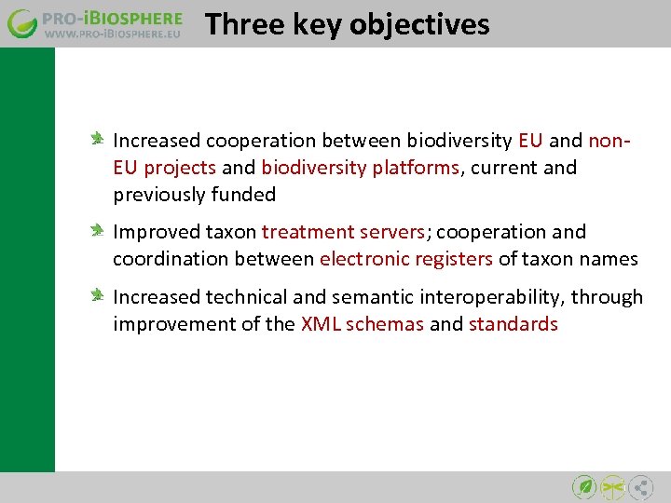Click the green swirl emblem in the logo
pos(23,23)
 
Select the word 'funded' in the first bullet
pos(244,195)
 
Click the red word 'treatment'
pos(308,232)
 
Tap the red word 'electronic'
pos(363,259)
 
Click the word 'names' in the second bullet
pos(611,259)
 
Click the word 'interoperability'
pos(495,297)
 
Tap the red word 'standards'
pos(513,324)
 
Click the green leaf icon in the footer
pos(584,486)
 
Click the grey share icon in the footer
pos(640,486)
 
